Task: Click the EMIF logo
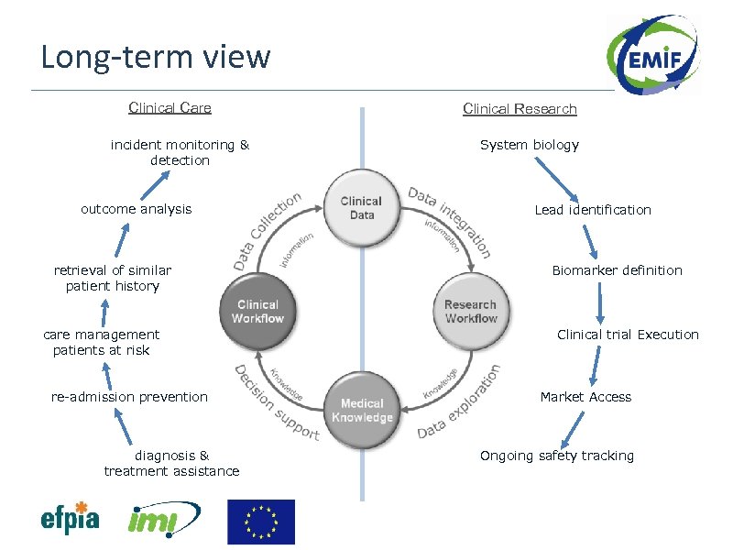click(653, 54)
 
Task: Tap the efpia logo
click(71, 518)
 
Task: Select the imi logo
click(164, 519)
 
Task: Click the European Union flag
click(261, 522)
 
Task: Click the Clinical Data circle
click(362, 208)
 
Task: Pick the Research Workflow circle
click(471, 311)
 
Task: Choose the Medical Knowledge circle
click(362, 410)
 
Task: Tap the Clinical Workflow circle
click(257, 311)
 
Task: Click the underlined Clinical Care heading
click(170, 108)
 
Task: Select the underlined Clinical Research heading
click(520, 109)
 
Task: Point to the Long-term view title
click(156, 57)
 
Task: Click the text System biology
click(530, 145)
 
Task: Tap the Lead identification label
click(593, 210)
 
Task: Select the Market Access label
click(585, 397)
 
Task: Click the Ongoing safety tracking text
click(557, 456)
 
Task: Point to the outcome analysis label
click(136, 209)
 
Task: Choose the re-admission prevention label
click(129, 397)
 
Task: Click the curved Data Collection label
click(267, 231)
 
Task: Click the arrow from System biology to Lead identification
click(557, 180)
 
